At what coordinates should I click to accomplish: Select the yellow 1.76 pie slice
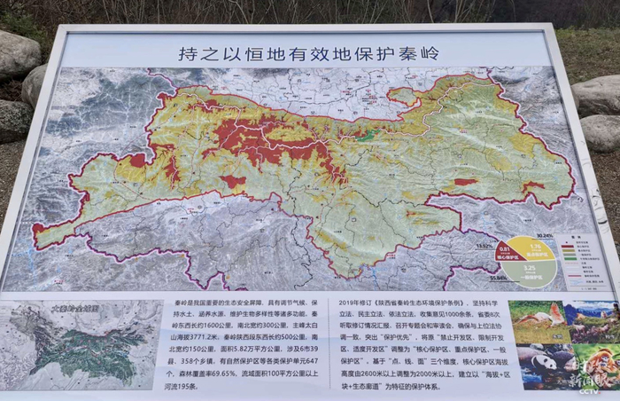(534, 248)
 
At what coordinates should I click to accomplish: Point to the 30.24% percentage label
(544, 236)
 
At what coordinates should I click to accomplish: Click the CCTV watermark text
(589, 390)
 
